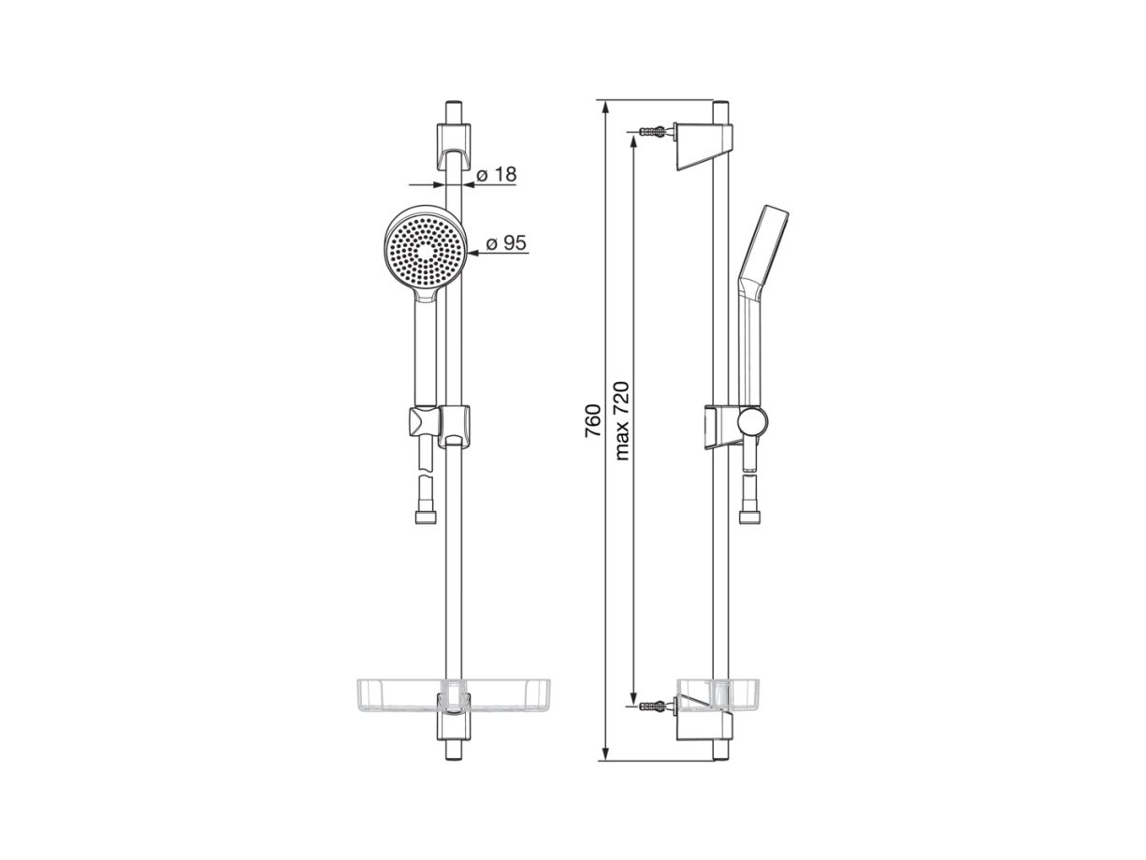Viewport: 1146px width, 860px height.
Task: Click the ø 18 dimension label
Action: [x=496, y=174]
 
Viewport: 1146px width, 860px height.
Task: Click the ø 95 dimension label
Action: [x=506, y=242]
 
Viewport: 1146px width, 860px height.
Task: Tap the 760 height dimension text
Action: [x=592, y=421]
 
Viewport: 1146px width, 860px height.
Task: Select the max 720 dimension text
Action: [x=622, y=421]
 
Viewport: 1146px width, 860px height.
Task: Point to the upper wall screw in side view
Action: [x=653, y=131]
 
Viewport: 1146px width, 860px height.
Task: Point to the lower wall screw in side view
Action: [x=653, y=706]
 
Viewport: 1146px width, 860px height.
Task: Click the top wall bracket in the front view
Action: [x=454, y=146]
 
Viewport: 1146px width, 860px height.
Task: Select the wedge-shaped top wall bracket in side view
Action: [x=704, y=146]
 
